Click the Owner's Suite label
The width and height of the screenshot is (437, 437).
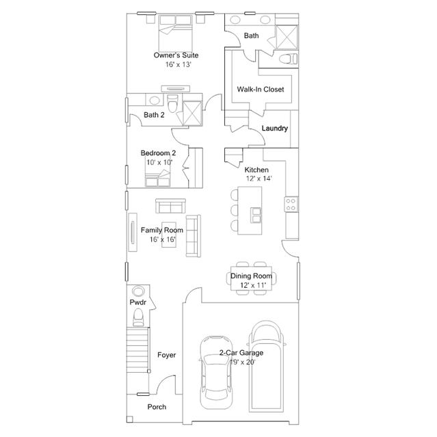coord(176,55)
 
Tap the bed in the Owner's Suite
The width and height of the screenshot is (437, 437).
coord(176,33)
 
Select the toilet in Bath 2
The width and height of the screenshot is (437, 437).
coord(172,103)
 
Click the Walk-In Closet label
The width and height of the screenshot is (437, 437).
coord(261,90)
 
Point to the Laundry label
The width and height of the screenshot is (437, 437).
coord(275,128)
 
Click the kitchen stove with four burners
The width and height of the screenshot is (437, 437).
coord(291,204)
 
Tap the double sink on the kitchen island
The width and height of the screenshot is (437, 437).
coord(256,215)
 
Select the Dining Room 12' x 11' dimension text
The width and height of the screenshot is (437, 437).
coord(253,285)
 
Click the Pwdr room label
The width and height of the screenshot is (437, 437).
coord(138,302)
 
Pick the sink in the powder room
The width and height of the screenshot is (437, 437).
coord(138,291)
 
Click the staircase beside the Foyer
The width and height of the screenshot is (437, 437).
coord(137,349)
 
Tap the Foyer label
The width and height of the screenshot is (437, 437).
coord(167,355)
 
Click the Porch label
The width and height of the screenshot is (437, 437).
coord(157,407)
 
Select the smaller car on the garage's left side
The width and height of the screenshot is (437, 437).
coord(216,372)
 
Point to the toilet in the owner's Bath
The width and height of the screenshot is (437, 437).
coord(288,59)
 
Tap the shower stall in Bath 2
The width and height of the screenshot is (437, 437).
coord(192,113)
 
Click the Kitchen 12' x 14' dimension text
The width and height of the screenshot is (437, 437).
coord(259,178)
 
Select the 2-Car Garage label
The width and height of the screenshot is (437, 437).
coord(241,353)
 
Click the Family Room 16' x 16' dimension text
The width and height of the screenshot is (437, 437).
coord(163,239)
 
